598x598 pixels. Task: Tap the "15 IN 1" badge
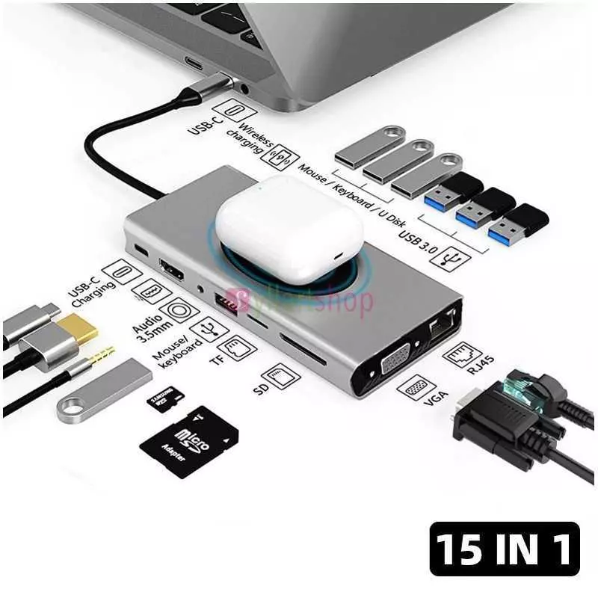point(505,549)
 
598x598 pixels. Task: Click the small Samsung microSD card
point(164,399)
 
